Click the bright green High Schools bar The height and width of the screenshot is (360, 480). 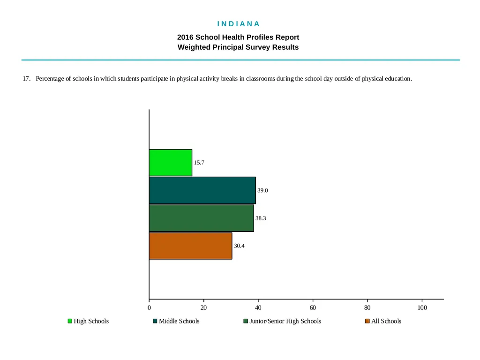click(x=171, y=163)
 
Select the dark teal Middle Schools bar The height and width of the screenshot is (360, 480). click(x=202, y=190)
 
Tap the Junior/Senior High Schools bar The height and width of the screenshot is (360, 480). click(x=202, y=218)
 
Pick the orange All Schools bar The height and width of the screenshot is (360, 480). click(x=190, y=246)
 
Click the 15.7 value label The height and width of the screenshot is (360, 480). click(x=199, y=163)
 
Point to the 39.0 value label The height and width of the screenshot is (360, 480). click(x=262, y=190)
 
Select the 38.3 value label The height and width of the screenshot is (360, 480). click(x=261, y=218)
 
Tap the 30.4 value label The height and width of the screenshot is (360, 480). click(x=239, y=246)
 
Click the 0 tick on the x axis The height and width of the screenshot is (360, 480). click(x=149, y=307)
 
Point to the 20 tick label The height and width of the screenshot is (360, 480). click(x=203, y=307)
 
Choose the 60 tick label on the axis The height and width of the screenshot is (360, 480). click(x=313, y=307)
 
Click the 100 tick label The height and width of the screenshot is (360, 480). click(x=422, y=307)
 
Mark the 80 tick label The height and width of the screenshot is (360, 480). click(x=367, y=307)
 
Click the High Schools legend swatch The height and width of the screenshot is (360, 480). click(x=70, y=321)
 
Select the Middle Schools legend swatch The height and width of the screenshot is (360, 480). click(x=155, y=321)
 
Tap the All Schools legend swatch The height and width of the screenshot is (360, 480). click(x=367, y=321)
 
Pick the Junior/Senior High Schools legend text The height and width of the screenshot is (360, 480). click(x=285, y=321)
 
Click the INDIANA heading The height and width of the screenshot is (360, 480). click(x=239, y=24)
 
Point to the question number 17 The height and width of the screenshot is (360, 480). click(x=26, y=79)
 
